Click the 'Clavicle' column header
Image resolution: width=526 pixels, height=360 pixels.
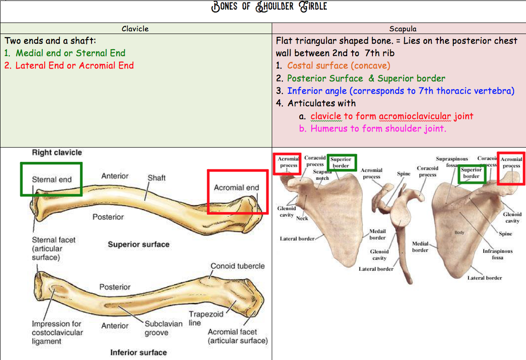coord(135,29)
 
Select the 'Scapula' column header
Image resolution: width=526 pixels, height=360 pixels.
coord(403,29)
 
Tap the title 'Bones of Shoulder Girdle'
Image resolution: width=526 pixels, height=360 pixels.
coord(269,7)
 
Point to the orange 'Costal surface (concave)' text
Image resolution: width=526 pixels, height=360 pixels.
coord(338,66)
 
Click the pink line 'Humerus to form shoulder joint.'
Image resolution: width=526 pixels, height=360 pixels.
coord(378,128)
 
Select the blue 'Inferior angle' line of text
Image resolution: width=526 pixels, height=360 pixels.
coord(400,91)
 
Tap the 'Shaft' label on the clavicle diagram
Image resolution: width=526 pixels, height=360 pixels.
coord(156,177)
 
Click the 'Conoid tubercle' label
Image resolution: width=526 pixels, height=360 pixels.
coord(238,266)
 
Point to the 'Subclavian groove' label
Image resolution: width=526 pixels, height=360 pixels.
coord(164,328)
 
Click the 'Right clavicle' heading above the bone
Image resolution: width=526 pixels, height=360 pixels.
coord(57,152)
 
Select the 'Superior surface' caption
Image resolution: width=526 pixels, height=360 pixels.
coord(138,244)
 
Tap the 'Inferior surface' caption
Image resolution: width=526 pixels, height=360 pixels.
coord(138,353)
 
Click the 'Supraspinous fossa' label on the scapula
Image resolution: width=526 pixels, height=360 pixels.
coord(452,161)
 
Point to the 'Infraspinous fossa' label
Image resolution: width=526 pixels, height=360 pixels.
coord(497,254)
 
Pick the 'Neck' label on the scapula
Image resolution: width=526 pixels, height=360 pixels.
coord(302,218)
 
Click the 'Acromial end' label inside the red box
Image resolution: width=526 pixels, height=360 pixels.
coord(236,188)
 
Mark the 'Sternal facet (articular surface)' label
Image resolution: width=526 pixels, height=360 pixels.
coord(53,248)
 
